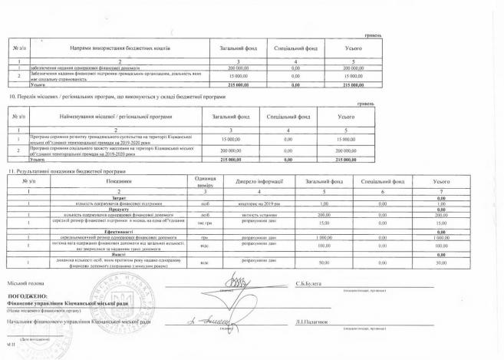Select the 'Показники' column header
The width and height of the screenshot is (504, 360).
coord(113,180)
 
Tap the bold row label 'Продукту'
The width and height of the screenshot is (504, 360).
coord(113,207)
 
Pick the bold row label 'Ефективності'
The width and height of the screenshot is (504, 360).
coord(113,230)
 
